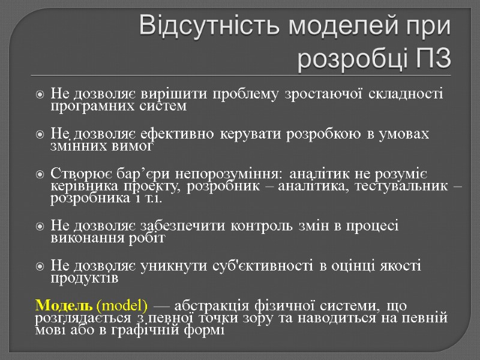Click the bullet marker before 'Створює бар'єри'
[40, 175]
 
